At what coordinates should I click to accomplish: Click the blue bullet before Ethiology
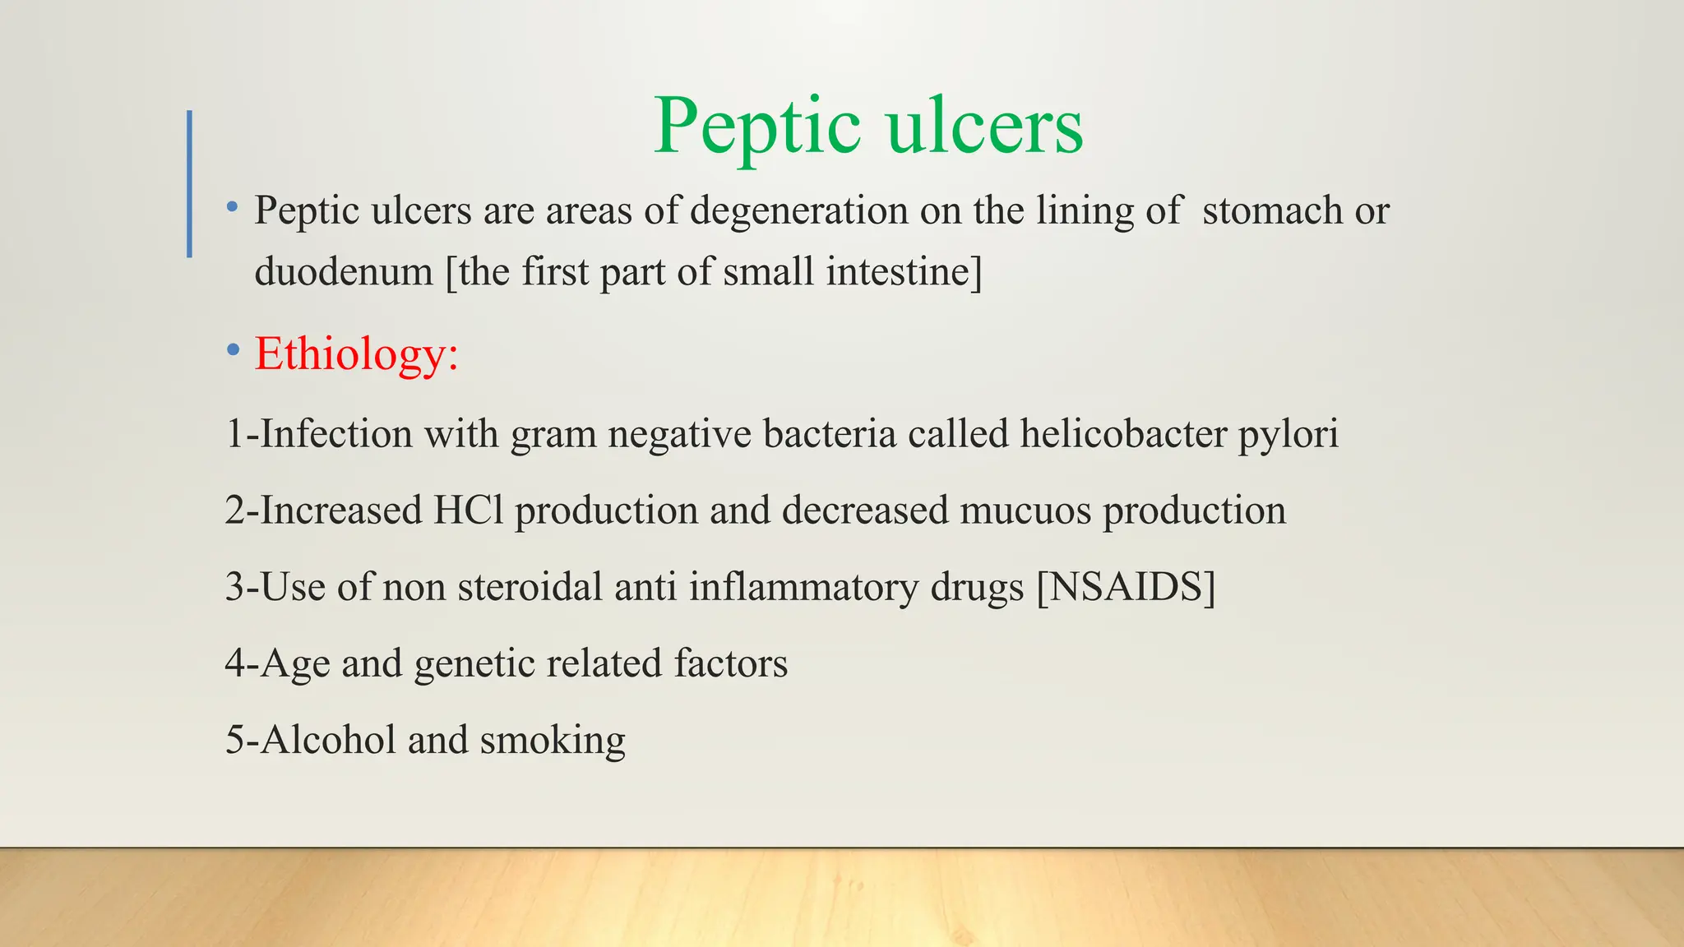(x=234, y=351)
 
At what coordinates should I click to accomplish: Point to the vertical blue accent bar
(x=190, y=183)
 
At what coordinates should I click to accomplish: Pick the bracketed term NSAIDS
(x=1126, y=586)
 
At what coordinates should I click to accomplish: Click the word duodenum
(x=344, y=271)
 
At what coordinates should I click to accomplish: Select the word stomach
(x=1272, y=210)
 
